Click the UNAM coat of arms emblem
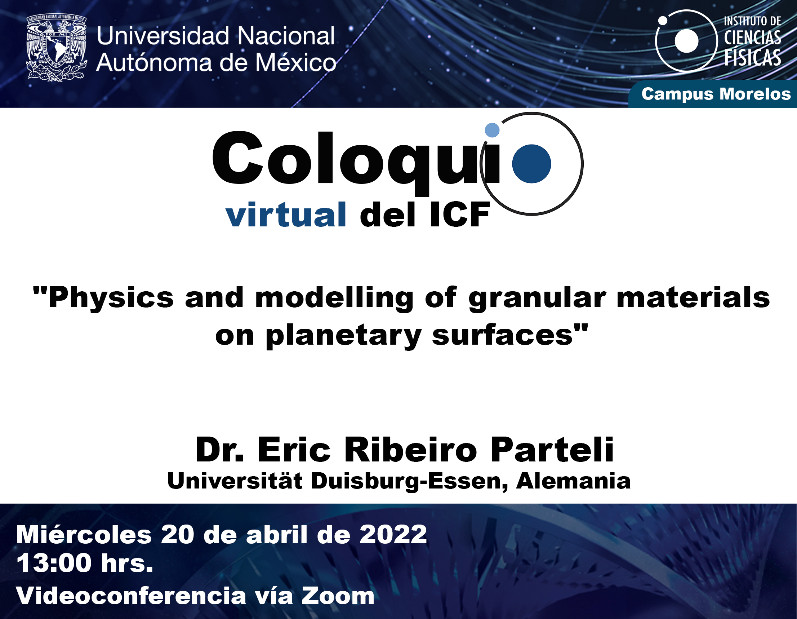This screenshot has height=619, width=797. [x=57, y=47]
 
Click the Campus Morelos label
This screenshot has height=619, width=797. [x=716, y=94]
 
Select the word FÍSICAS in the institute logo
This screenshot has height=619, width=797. [x=752, y=58]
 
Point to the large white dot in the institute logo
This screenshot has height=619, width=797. [x=686, y=41]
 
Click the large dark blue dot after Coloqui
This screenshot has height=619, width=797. [x=531, y=164]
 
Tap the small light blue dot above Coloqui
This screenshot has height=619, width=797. [x=492, y=130]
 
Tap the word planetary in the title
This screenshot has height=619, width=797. [x=343, y=336]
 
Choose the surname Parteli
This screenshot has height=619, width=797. [x=552, y=450]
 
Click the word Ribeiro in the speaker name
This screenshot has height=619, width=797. [x=410, y=450]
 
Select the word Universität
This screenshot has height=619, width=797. [x=235, y=481]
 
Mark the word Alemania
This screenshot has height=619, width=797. [x=573, y=481]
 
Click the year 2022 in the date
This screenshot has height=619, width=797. [x=393, y=535]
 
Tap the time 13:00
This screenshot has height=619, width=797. [x=54, y=563]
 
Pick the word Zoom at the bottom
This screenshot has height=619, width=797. [x=338, y=596]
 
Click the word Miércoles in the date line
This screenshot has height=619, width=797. [x=84, y=535]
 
